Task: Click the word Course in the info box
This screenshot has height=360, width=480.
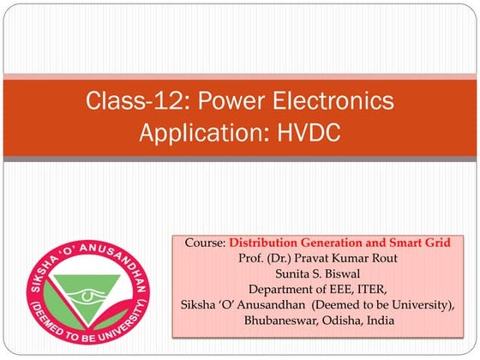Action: coord(205,243)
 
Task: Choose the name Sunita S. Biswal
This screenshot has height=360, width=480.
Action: coord(330,273)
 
